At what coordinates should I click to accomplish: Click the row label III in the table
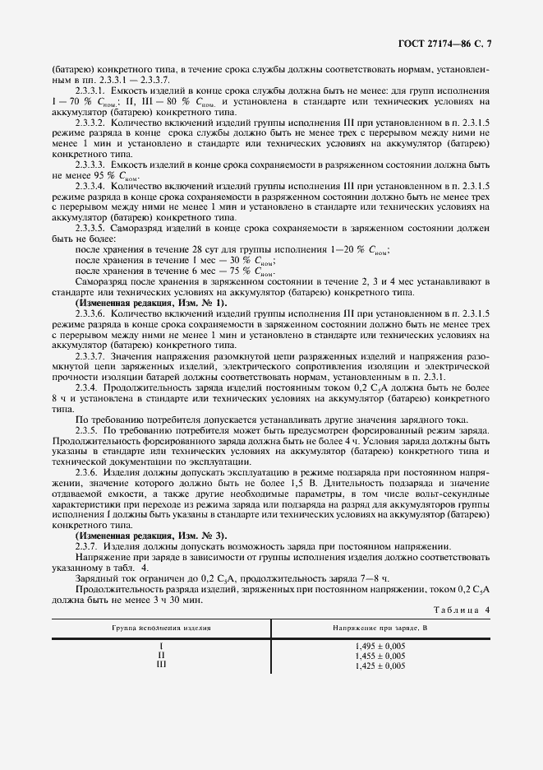pyautogui.click(x=161, y=665)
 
